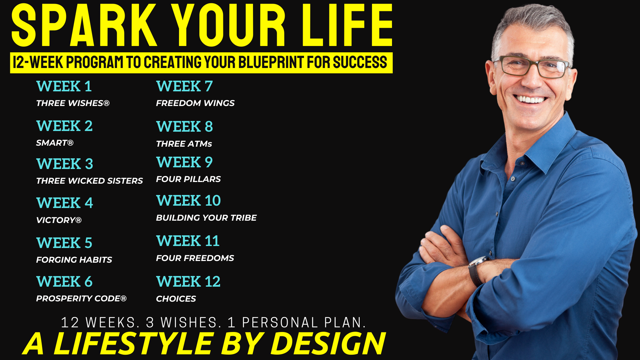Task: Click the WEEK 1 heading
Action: click(x=64, y=86)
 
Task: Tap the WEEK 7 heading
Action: click(x=184, y=86)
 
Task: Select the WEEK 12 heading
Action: click(x=188, y=281)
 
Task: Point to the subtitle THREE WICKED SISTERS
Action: click(x=89, y=181)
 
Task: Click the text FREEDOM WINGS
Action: click(x=195, y=103)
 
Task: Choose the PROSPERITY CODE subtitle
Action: click(x=81, y=298)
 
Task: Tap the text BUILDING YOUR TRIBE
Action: click(x=206, y=218)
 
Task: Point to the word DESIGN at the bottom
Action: click(x=328, y=343)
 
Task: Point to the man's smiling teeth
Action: click(x=530, y=99)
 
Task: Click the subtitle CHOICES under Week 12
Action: click(x=176, y=299)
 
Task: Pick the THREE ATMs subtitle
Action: click(x=184, y=144)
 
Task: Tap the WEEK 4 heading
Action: click(x=65, y=203)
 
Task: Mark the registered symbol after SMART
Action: click(x=70, y=143)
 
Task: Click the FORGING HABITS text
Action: click(x=74, y=260)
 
